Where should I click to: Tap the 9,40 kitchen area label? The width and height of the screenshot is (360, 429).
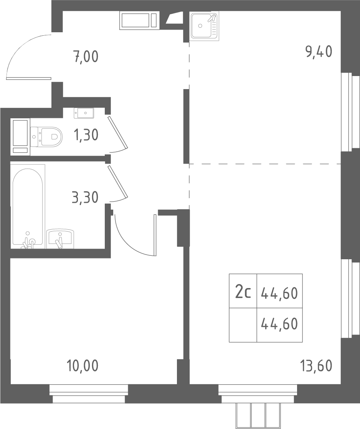[319, 51]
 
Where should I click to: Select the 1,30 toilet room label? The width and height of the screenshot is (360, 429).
[86, 135]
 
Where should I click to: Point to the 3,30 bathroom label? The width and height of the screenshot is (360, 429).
[85, 197]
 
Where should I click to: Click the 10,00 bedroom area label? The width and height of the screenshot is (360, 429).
[82, 366]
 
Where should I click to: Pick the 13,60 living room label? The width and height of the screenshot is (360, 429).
[317, 366]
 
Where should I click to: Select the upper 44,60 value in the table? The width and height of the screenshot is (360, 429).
[279, 293]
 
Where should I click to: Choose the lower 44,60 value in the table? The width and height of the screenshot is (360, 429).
[279, 324]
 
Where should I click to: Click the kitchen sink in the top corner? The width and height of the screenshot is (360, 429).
[205, 26]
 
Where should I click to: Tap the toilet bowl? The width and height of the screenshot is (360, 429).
[46, 136]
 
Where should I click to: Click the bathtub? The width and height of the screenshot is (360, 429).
[28, 207]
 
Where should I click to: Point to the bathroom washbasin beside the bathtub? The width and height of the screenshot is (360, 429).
[60, 239]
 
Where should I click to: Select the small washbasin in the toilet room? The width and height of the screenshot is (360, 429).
[84, 113]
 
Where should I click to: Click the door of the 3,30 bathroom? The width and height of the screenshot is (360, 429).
[118, 182]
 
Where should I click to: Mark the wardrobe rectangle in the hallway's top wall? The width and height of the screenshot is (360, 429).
[139, 20]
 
